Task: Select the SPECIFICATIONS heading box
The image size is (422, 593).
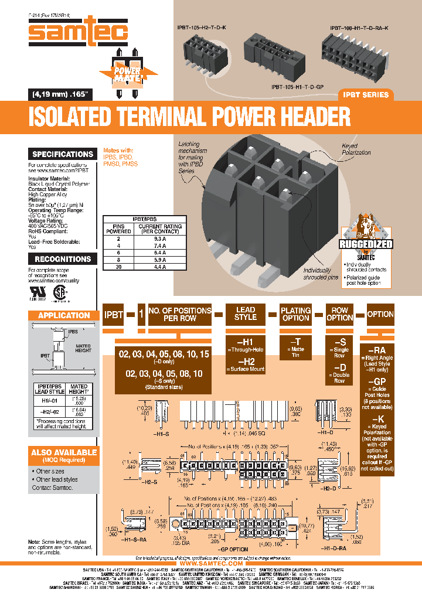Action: pyautogui.click(x=63, y=154)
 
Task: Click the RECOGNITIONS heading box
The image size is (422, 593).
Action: pyautogui.click(x=63, y=259)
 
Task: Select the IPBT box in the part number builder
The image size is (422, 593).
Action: pyautogui.click(x=114, y=314)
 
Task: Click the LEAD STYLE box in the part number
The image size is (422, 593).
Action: pyautogui.click(x=246, y=313)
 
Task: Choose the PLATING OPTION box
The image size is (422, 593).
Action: pyautogui.click(x=295, y=313)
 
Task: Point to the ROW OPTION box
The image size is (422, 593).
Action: pyautogui.click(x=340, y=313)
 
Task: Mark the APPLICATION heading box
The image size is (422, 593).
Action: pyautogui.click(x=63, y=315)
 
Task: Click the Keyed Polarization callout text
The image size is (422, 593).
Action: pyautogui.click(x=356, y=149)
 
